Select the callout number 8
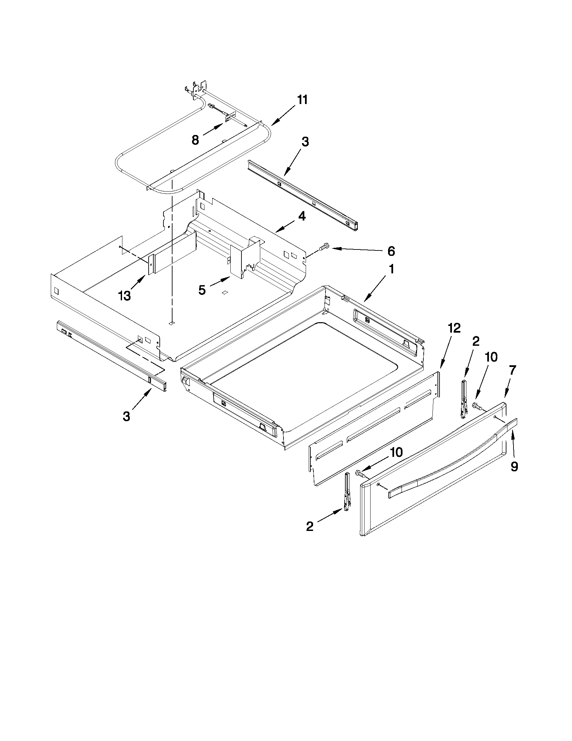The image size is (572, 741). point(195,140)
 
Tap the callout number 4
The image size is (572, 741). point(302,216)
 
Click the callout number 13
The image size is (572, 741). point(124,296)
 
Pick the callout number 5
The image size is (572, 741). point(202,290)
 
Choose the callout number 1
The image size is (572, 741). point(391,270)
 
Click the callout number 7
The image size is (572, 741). point(512,370)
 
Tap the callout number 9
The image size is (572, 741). point(514,467)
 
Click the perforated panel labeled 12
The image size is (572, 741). point(373,428)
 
